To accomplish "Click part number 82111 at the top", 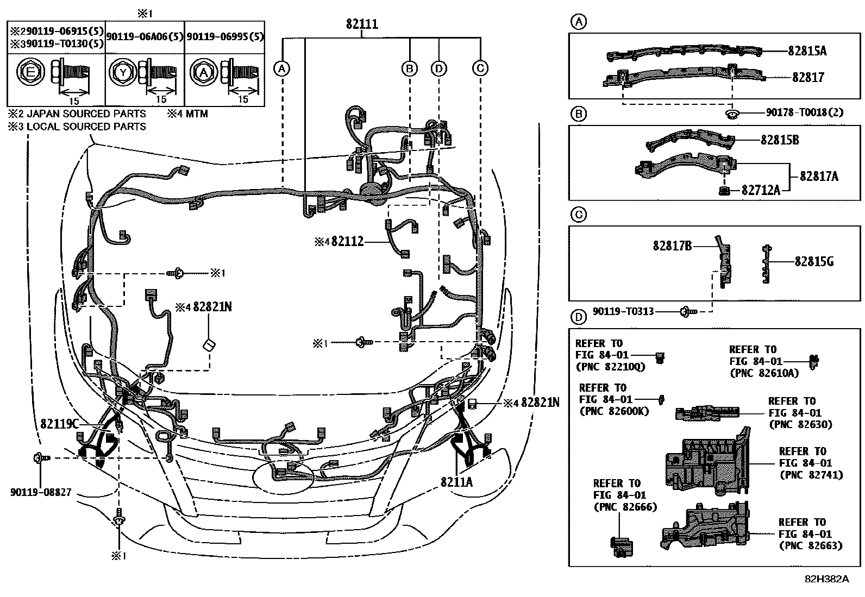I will pyautogui.click(x=362, y=24).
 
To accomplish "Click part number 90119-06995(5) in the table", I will pyautogui.click(x=225, y=36).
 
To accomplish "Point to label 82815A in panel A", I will pyautogui.click(x=807, y=51).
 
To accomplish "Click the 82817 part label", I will pyautogui.click(x=807, y=78).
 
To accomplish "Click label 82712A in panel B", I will pyautogui.click(x=761, y=190).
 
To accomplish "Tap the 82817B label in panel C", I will pyautogui.click(x=672, y=246).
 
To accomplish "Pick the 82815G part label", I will pyautogui.click(x=813, y=262).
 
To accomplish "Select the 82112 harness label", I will pyautogui.click(x=347, y=242).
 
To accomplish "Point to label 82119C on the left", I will pyautogui.click(x=60, y=422).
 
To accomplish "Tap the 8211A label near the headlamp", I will pyautogui.click(x=456, y=481).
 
